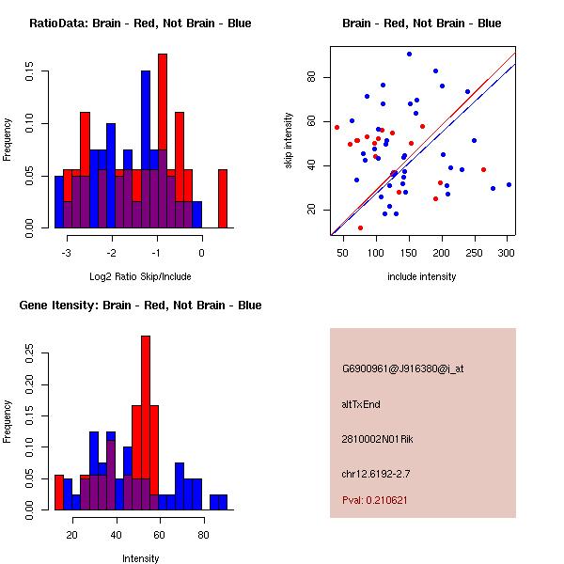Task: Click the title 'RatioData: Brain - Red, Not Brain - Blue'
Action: tap(140, 23)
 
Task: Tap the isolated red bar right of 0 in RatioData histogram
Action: tap(223, 198)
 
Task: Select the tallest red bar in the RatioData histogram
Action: tap(163, 141)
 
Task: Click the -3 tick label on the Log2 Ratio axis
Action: tap(66, 253)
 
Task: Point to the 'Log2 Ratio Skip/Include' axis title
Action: tap(140, 276)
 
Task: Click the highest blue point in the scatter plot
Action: tap(409, 55)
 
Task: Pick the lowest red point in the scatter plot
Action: tap(360, 228)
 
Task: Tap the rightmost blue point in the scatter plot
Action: tap(509, 185)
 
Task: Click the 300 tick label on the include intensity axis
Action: tap(506, 253)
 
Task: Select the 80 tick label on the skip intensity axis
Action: tap(311, 77)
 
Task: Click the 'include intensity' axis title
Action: tap(421, 276)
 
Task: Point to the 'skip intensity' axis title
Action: tap(289, 140)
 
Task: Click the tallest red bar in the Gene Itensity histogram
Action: tap(146, 423)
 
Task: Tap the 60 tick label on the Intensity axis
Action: tap(159, 535)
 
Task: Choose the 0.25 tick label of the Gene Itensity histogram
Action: tap(29, 353)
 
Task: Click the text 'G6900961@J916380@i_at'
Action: tap(403, 368)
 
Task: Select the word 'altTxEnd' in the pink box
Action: tap(361, 404)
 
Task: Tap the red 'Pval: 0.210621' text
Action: tap(375, 500)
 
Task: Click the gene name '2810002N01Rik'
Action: tap(377, 439)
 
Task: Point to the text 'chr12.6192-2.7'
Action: tap(376, 474)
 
